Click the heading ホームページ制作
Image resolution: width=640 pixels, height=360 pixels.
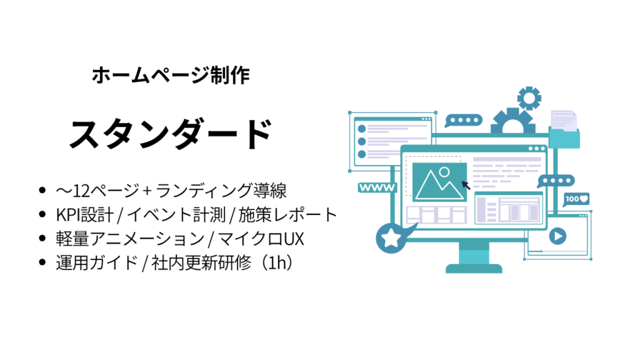click(x=171, y=76)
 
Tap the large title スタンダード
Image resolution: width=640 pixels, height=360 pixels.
click(x=171, y=134)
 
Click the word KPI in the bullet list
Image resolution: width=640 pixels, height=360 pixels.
click(x=68, y=215)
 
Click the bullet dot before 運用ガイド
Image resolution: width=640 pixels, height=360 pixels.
click(x=42, y=262)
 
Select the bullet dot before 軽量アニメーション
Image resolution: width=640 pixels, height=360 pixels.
click(x=42, y=238)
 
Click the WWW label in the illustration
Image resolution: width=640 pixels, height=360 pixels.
click(x=377, y=187)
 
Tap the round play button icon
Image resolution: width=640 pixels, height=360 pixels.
click(x=557, y=236)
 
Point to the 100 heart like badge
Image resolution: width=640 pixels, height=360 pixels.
click(x=576, y=199)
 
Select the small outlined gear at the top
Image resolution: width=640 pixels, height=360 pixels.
click(x=529, y=98)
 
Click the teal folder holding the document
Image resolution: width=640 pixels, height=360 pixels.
click(x=564, y=137)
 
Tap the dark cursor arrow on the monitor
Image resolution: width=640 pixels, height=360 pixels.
click(x=466, y=185)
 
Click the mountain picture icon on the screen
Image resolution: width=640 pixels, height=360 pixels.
click(x=439, y=182)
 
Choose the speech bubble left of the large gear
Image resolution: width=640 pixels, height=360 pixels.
click(x=463, y=121)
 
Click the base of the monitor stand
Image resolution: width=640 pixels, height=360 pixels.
click(x=474, y=269)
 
